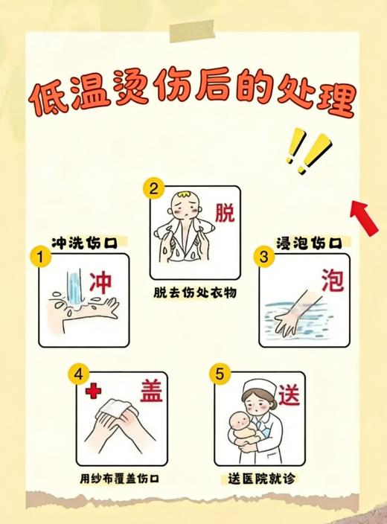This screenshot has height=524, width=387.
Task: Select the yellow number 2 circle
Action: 155,189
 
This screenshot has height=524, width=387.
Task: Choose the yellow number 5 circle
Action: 219,374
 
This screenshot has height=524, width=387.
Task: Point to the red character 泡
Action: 332,281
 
